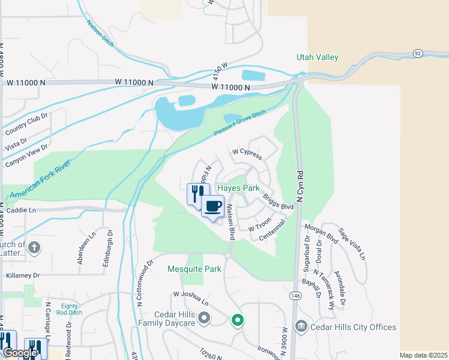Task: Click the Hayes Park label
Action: [238, 188]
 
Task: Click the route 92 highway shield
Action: [417, 53]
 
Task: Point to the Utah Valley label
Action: [318, 58]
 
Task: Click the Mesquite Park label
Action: [194, 269]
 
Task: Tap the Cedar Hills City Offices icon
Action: [301, 327]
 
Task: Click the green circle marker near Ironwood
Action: [238, 320]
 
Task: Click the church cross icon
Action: [35, 247]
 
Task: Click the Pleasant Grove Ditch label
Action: [240, 124]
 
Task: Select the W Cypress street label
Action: [247, 154]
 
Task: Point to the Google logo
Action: [20, 353]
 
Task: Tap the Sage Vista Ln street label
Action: [351, 244]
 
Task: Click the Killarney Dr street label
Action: [22, 275]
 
